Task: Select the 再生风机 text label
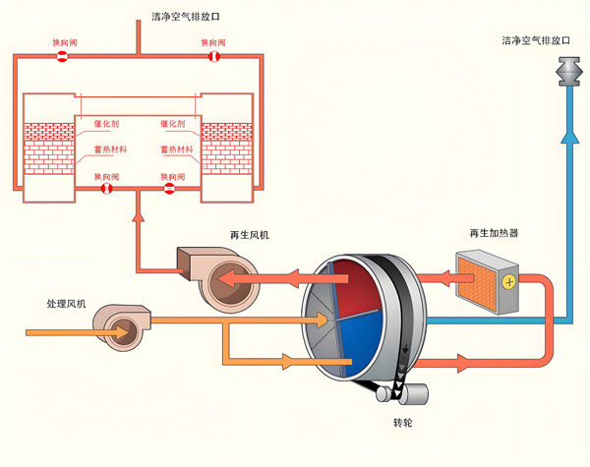point(249,235)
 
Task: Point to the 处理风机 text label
point(67,303)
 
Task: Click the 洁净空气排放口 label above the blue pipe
point(536,41)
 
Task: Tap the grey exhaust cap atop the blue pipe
point(569,72)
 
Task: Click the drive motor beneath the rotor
point(413,392)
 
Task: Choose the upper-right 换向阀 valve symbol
point(214,57)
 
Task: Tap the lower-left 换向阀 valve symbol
point(106,187)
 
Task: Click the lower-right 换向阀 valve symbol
point(169,187)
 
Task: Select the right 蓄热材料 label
point(177,149)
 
